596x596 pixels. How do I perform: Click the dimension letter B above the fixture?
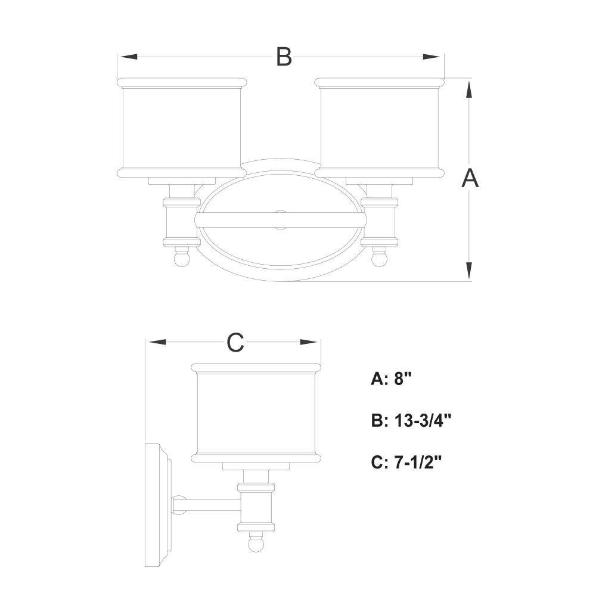click(284, 57)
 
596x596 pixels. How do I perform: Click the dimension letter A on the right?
click(470, 178)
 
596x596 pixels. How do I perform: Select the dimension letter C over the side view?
click(235, 343)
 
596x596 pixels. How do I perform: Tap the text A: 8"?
click(391, 378)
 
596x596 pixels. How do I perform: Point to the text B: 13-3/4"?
click(411, 421)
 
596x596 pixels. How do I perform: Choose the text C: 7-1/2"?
click(406, 462)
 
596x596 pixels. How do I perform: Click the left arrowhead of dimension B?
click(129, 57)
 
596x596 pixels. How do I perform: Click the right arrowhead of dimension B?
click(432, 57)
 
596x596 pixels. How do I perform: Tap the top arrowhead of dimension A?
click(470, 90)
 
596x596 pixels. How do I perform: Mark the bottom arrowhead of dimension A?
click(470, 270)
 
